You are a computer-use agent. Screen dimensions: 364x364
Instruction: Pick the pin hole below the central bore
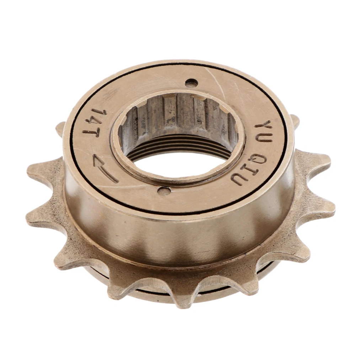[x=164, y=191]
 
